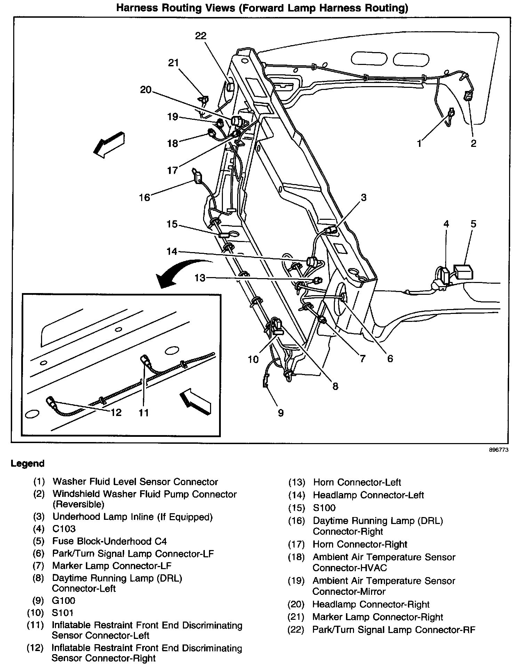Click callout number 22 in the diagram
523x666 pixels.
(201, 36)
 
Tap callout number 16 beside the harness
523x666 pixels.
(144, 198)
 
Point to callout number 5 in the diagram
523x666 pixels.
(473, 224)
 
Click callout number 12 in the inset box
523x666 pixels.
(116, 412)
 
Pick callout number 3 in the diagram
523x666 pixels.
(363, 198)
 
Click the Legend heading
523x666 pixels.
(28, 464)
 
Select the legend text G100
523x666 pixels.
(64, 601)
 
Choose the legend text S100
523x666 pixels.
(324, 508)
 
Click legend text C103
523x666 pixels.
(64, 529)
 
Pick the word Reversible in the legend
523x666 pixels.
(78, 504)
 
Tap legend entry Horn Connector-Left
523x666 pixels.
(357, 482)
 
